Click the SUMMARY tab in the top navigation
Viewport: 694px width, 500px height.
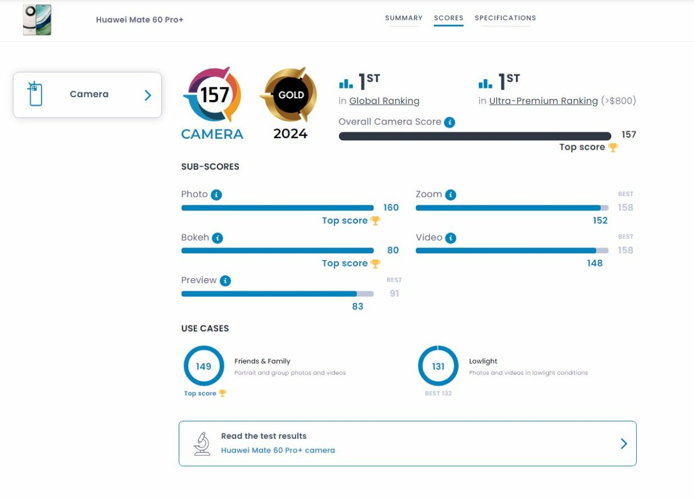404,18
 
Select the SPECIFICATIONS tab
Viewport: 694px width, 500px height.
505,18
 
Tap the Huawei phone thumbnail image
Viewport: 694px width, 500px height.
37,20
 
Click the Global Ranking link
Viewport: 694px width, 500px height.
384,101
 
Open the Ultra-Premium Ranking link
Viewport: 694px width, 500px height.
543,101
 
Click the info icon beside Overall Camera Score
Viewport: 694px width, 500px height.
449,122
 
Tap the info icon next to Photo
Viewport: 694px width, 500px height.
216,195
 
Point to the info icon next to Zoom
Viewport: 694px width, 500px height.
451,195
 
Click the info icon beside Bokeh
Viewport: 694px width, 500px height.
217,238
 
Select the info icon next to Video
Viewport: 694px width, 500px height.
451,238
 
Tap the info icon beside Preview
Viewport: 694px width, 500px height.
225,280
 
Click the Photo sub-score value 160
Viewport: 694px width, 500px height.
391,208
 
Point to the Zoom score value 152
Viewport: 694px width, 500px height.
600,220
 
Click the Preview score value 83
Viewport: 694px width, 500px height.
357,306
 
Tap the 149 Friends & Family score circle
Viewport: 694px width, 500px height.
204,366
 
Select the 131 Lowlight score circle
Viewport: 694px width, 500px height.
438,366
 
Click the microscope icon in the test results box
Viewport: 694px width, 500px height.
202,443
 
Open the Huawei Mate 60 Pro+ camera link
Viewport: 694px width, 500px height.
278,450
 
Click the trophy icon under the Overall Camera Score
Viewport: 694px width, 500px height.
613,147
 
